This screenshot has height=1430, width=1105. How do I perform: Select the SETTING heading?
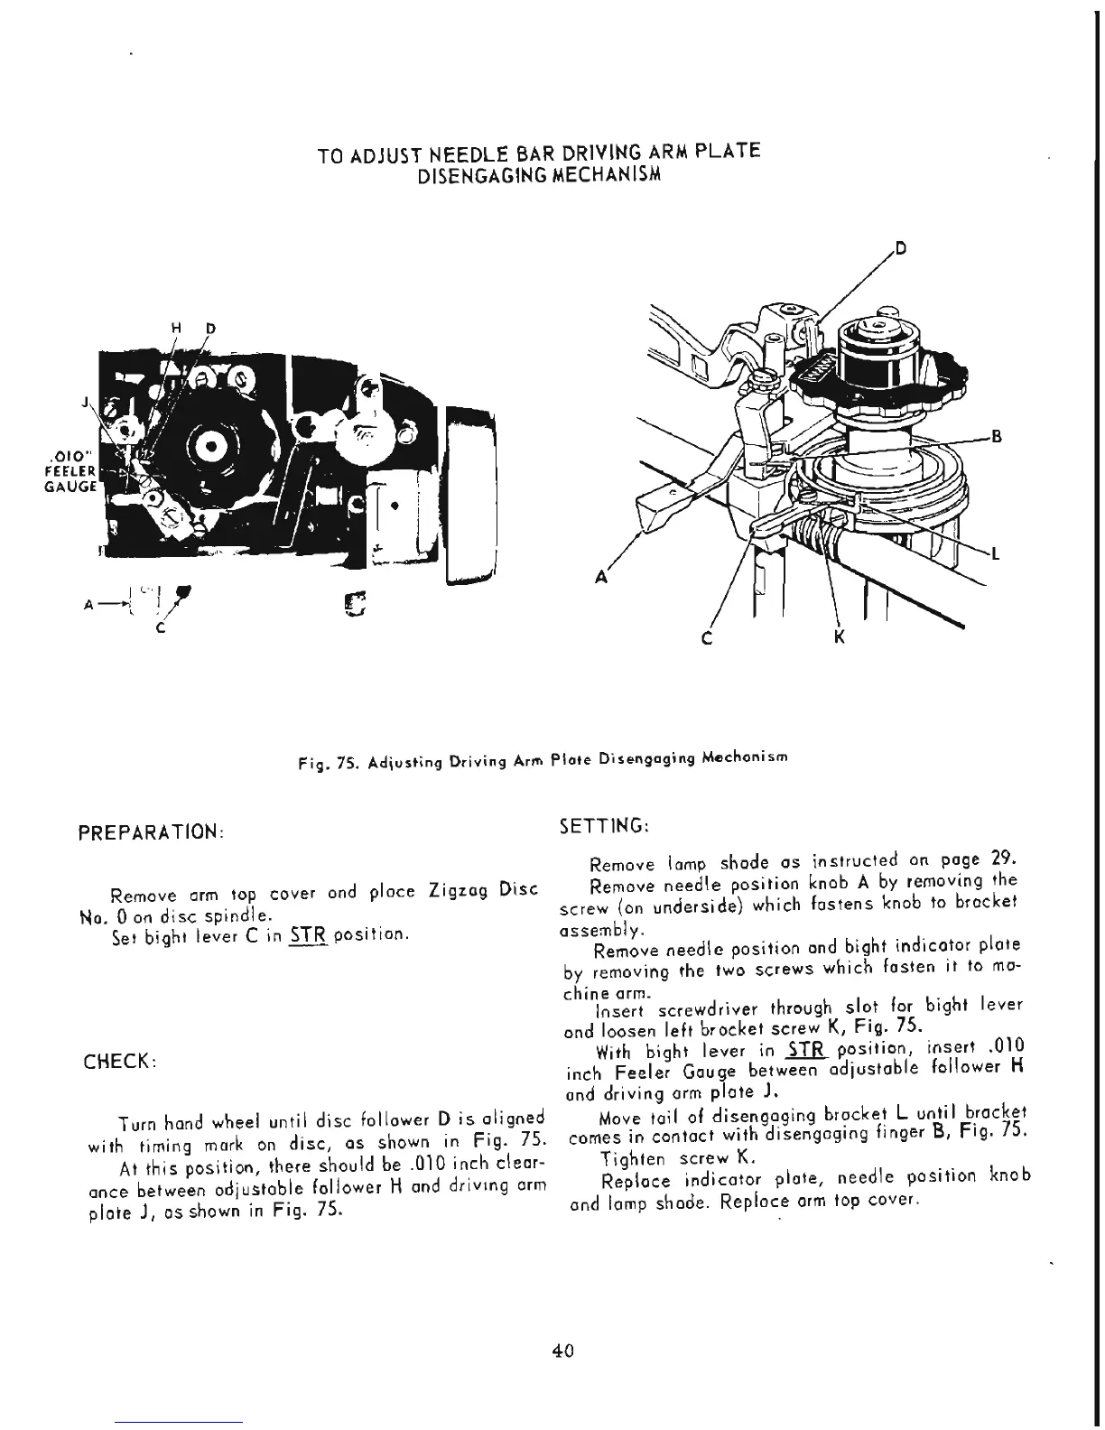602,825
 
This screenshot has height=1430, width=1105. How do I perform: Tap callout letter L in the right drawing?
995,554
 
